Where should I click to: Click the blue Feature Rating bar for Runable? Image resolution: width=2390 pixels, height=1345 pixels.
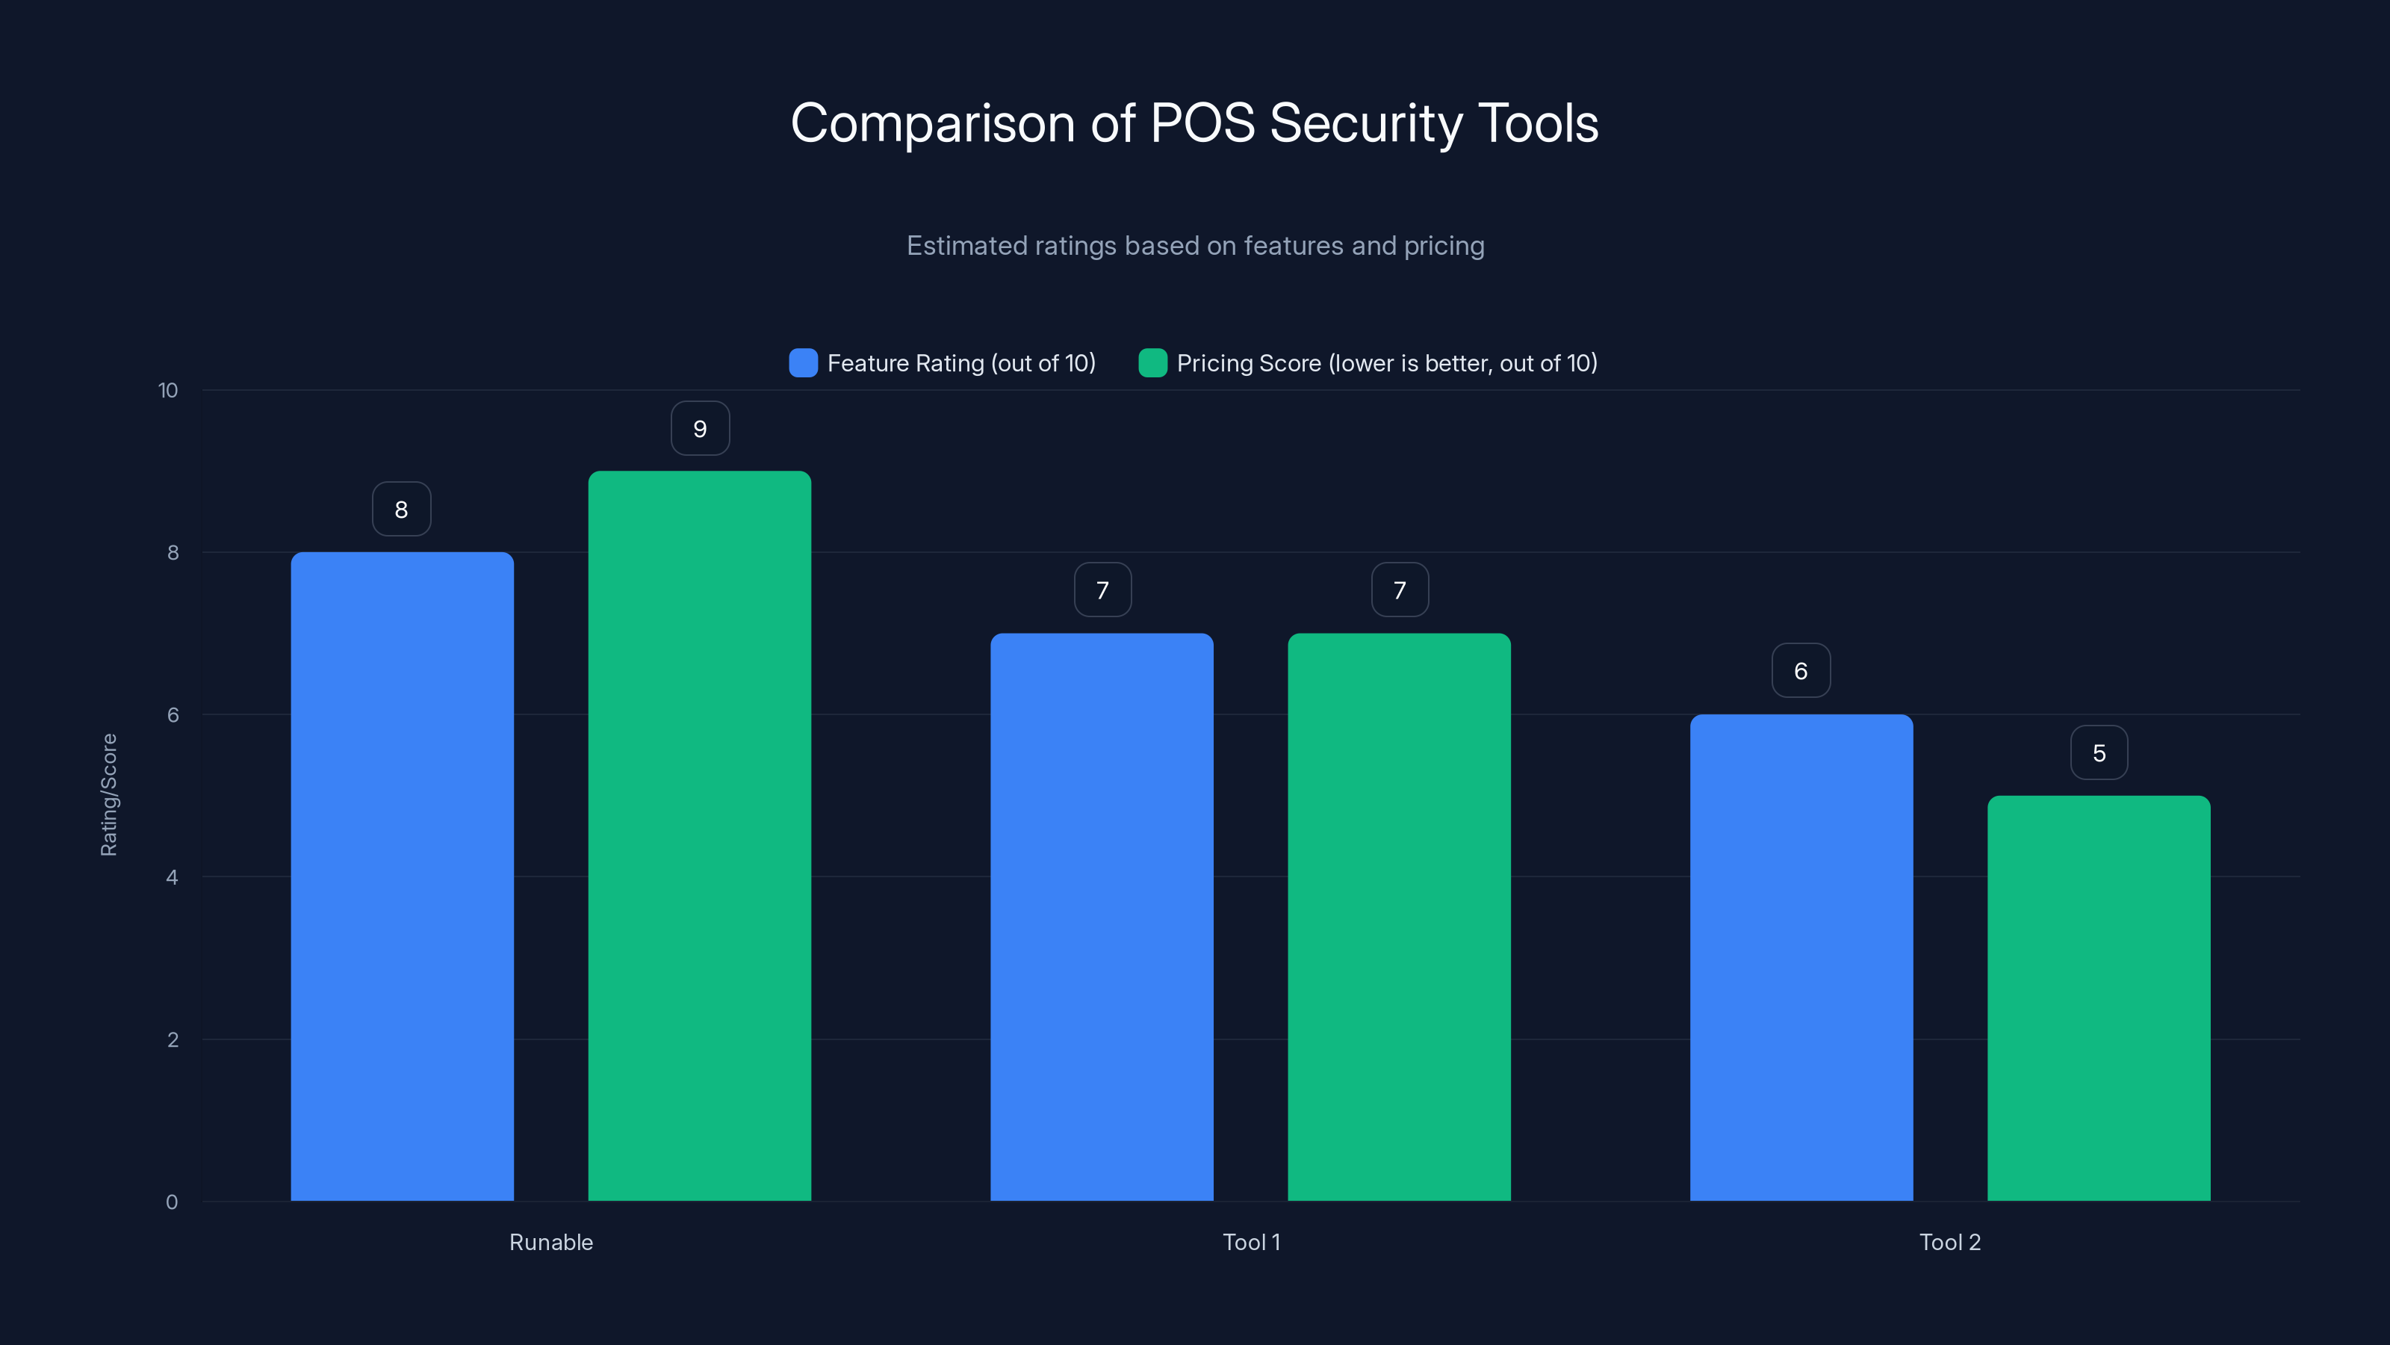[x=402, y=876]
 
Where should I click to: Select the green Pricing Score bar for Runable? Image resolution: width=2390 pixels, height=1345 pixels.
[x=700, y=835]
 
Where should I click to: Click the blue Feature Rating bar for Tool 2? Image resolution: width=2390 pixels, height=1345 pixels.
[x=1801, y=957]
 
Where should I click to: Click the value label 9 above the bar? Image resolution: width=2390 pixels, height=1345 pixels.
[x=701, y=429]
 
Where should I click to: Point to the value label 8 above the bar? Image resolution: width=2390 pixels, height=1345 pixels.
[x=402, y=510]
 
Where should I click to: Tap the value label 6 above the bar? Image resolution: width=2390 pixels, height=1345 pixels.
[x=1801, y=671]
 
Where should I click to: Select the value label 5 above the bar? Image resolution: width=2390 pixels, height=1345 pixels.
[x=2099, y=752]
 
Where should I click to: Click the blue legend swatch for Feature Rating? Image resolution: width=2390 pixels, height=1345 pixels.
[x=803, y=363]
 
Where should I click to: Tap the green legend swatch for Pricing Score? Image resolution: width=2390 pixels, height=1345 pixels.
[x=1152, y=363]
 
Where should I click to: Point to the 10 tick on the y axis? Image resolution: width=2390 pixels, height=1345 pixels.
[x=168, y=391]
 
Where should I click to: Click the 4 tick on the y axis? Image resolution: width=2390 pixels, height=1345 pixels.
[x=172, y=877]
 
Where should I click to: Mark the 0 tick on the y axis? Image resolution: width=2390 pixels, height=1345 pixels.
[x=172, y=1202]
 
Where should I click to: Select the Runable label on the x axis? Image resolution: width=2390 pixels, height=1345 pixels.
[x=551, y=1242]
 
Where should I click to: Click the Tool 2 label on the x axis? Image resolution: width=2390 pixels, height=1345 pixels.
[x=1950, y=1242]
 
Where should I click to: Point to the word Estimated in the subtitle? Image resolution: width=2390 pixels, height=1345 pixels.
[x=965, y=246]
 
